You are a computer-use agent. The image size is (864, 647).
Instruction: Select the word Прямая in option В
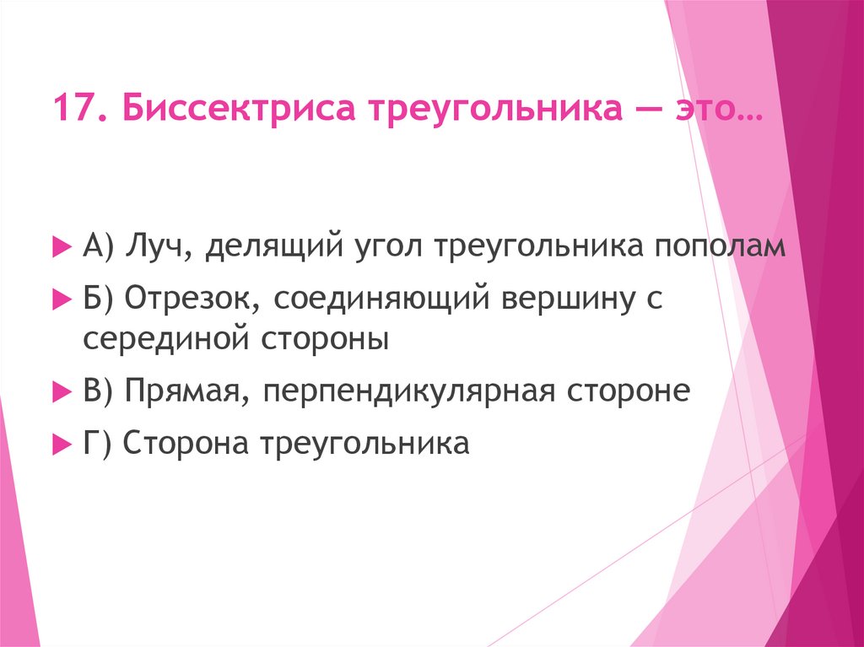pos(186,391)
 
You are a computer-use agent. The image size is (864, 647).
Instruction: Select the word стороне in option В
pos(629,391)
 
